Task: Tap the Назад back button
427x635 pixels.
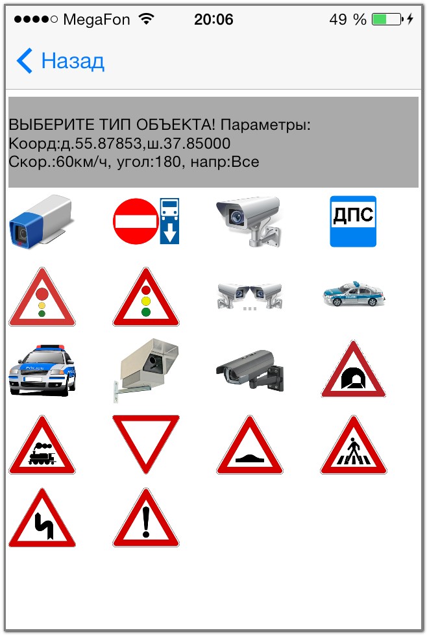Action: pyautogui.click(x=60, y=61)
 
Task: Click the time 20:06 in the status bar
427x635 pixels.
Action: pyautogui.click(x=213, y=19)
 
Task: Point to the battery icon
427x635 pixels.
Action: pyautogui.click(x=388, y=19)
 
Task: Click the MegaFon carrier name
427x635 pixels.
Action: pyautogui.click(x=96, y=19)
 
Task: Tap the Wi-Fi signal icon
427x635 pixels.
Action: pyautogui.click(x=147, y=19)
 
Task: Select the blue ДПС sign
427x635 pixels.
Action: pyautogui.click(x=353, y=221)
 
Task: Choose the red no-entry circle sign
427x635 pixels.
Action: pyautogui.click(x=136, y=221)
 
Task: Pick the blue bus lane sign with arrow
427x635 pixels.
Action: pyautogui.click(x=169, y=221)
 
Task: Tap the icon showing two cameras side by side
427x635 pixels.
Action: pyautogui.click(x=249, y=297)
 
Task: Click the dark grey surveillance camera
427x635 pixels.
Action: pyautogui.click(x=250, y=371)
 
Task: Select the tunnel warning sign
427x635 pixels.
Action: pyautogui.click(x=353, y=369)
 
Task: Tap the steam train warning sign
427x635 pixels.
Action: pyautogui.click(x=42, y=445)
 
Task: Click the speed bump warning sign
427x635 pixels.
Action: pyautogui.click(x=250, y=445)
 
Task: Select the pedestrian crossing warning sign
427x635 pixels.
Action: pyautogui.click(x=353, y=445)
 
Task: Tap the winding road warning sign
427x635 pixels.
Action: pyautogui.click(x=42, y=518)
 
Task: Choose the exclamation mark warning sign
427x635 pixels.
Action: pyautogui.click(x=146, y=518)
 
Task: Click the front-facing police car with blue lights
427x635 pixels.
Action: pyautogui.click(x=42, y=370)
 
